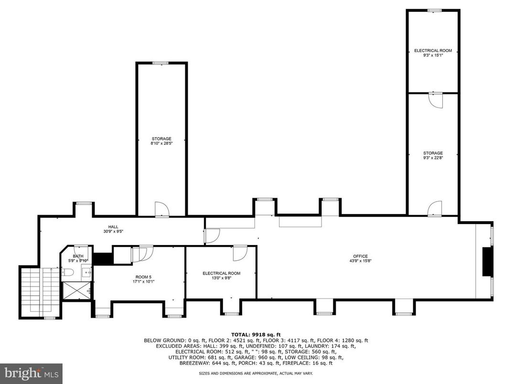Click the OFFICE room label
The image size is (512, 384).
(x=360, y=256)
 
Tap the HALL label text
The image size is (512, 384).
(x=113, y=227)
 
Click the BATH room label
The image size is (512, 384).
(x=78, y=256)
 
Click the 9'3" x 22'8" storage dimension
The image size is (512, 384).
(x=433, y=158)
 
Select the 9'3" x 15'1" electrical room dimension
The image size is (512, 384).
(x=433, y=55)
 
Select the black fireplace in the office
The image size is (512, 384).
(x=487, y=262)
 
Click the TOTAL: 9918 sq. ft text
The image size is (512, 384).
(x=256, y=334)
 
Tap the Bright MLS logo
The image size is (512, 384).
(x=31, y=372)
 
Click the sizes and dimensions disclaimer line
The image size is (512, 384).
(x=256, y=373)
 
